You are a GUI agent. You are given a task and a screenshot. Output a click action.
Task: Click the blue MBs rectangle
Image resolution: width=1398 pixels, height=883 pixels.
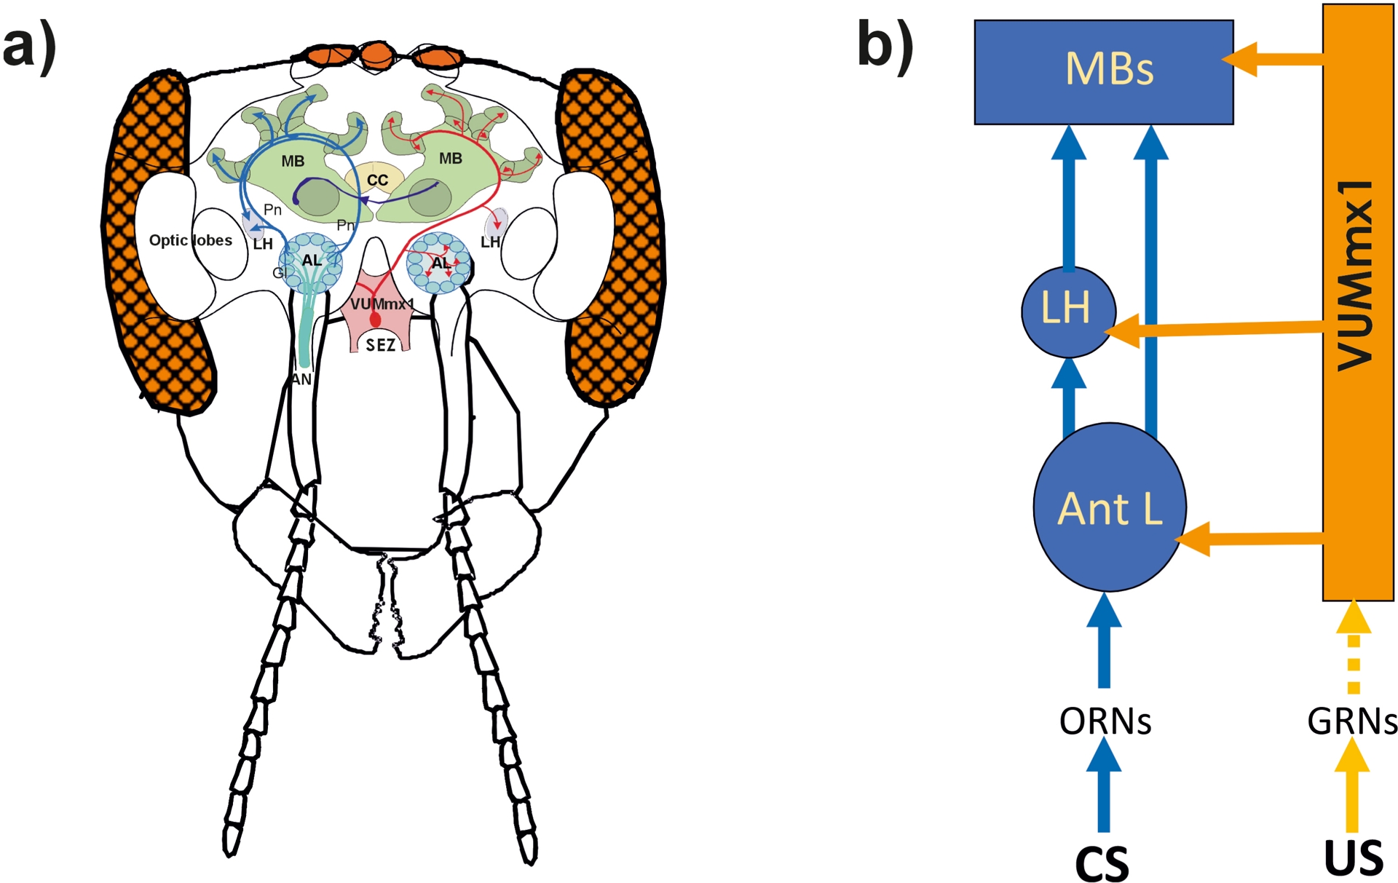click(x=1103, y=71)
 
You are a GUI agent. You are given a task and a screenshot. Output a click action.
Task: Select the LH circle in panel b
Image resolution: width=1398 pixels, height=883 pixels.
click(x=1067, y=311)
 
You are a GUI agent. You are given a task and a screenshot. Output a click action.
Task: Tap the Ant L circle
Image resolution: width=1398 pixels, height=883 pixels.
click(x=1109, y=507)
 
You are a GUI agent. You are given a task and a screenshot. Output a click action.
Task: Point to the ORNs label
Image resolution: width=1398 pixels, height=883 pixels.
click(x=1105, y=721)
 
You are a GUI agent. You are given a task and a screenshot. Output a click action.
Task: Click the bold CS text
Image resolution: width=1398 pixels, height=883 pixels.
click(x=1102, y=863)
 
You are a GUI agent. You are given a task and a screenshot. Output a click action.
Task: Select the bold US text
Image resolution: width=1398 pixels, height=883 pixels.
click(x=1354, y=858)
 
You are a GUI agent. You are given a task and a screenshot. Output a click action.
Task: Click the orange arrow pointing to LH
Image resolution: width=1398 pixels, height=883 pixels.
click(x=1216, y=331)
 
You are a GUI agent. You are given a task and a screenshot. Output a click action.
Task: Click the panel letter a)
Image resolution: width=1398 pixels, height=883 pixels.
click(x=29, y=45)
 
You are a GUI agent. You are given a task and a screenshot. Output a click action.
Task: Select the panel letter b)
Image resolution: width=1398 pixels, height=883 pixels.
click(x=885, y=45)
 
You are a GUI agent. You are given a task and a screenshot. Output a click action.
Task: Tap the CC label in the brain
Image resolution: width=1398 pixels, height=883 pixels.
click(x=376, y=180)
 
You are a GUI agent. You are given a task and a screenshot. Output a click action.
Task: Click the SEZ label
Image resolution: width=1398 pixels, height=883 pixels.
click(x=381, y=345)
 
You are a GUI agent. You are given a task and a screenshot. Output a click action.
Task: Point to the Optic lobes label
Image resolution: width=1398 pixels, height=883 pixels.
click(x=190, y=240)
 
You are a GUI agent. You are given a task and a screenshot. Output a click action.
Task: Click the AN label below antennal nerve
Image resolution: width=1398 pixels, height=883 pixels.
click(x=301, y=379)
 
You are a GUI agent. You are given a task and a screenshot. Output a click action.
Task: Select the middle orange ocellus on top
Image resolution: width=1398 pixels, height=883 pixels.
click(x=376, y=54)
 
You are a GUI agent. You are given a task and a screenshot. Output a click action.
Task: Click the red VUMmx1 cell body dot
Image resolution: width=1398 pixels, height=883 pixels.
click(x=376, y=319)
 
